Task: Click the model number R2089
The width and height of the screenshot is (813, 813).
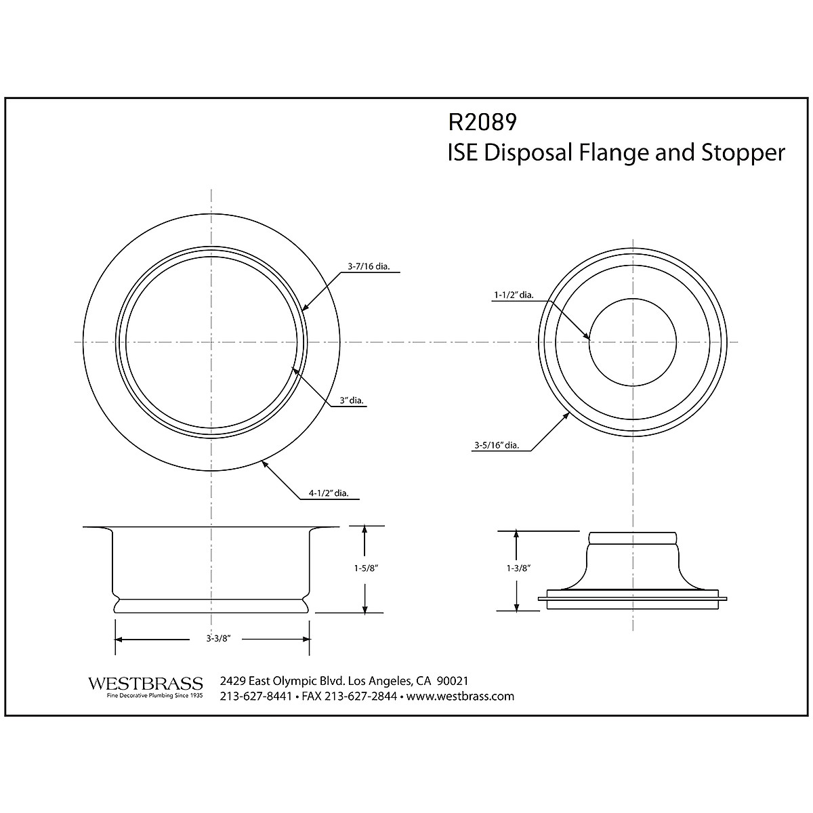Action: click(x=482, y=123)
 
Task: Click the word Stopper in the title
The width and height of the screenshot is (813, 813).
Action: click(x=743, y=153)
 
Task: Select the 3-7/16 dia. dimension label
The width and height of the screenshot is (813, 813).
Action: click(x=369, y=266)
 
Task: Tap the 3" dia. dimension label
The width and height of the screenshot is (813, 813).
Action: click(x=352, y=400)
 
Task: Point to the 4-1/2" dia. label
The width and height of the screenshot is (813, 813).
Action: click(x=329, y=493)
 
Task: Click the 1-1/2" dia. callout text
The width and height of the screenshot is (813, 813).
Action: click(x=514, y=295)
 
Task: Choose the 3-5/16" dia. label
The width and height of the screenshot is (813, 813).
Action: click(x=497, y=444)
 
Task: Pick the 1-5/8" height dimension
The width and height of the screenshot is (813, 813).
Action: click(x=366, y=568)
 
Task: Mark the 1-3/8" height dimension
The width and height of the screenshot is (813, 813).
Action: click(x=518, y=568)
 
